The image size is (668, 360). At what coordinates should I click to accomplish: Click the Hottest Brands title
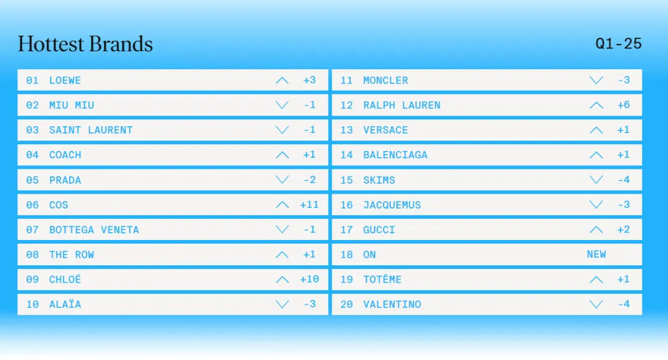coord(85,45)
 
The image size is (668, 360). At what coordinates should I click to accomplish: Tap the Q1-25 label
coord(618,43)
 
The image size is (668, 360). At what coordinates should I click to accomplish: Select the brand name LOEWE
coord(65,80)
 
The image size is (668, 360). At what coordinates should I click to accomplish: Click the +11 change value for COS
coord(309,205)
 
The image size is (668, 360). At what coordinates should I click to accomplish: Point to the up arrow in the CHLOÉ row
coord(282,280)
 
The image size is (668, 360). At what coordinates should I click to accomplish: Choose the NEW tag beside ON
coord(596,254)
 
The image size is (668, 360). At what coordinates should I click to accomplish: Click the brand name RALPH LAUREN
coord(402,105)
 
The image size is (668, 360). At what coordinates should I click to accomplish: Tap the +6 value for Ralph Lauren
coord(623,105)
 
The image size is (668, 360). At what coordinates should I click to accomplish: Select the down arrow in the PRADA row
coord(282,180)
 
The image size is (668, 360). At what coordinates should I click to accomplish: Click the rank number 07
coord(32,229)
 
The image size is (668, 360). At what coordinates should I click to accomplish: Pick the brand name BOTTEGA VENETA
coord(94,229)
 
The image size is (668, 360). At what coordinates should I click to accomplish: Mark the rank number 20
coord(346,304)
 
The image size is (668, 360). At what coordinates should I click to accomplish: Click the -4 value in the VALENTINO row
coord(623,304)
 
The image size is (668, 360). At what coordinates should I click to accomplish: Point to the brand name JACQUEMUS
coord(392,205)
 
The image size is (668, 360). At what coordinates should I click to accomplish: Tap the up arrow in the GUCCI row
coord(596,229)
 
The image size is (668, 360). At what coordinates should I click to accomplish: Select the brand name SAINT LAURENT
coord(91,130)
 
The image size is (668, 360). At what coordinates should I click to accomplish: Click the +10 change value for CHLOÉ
coord(309,279)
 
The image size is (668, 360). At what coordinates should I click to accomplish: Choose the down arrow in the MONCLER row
coord(596,80)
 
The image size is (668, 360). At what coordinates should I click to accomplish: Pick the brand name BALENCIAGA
coord(395,155)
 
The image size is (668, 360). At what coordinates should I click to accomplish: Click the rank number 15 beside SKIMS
coord(346,180)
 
